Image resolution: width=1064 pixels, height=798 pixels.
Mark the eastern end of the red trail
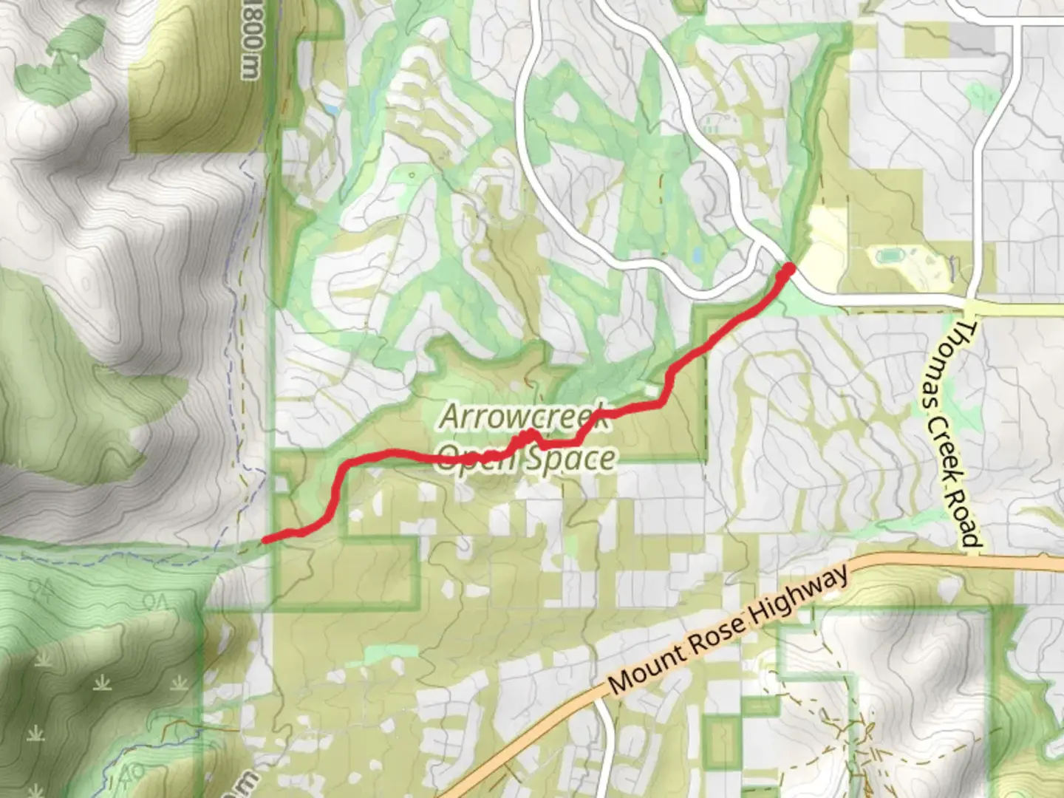(788, 267)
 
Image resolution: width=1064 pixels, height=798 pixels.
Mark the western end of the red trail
(265, 540)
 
